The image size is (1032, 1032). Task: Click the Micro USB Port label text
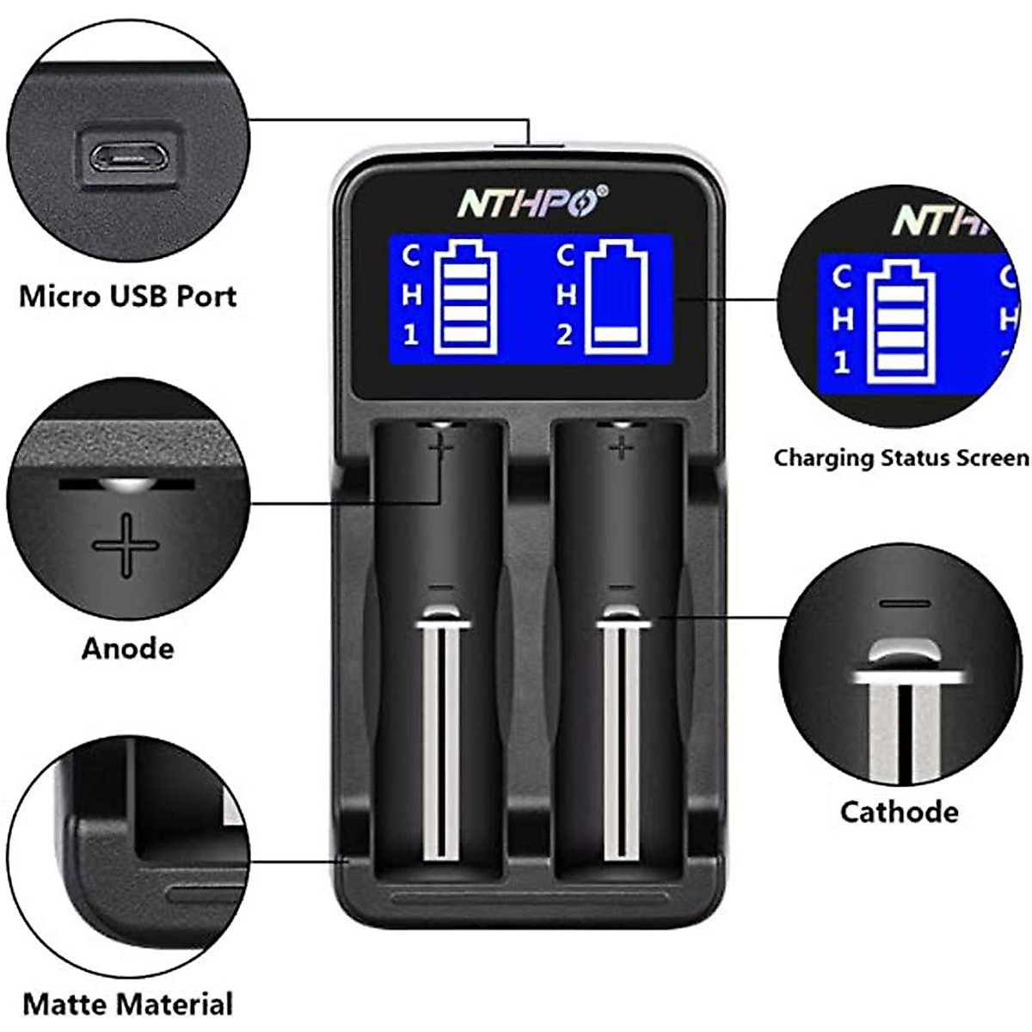[x=127, y=296]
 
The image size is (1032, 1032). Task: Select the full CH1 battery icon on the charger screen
[x=465, y=298]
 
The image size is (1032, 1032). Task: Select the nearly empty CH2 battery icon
[x=615, y=298]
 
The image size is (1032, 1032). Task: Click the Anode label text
[x=127, y=648]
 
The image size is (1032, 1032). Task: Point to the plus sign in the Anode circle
[x=126, y=545]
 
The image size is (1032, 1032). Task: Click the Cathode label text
[x=899, y=812]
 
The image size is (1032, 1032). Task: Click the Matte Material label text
[x=127, y=1004]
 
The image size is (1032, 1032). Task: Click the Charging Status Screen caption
[x=900, y=458]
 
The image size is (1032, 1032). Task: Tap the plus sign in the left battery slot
[x=440, y=446]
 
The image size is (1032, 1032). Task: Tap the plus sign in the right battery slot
[x=621, y=446]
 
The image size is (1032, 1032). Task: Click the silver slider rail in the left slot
[x=441, y=740]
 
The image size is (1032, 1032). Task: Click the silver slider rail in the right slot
[x=621, y=740]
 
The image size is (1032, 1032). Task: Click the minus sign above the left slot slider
[x=440, y=587]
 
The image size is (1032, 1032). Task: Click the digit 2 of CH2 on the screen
[x=564, y=335]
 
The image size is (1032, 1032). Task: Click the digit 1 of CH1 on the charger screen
[x=411, y=335]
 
